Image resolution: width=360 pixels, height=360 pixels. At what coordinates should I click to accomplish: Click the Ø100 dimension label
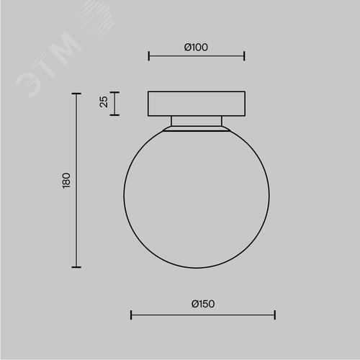[x=196, y=48]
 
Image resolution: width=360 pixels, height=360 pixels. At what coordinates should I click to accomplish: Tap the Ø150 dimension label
[x=203, y=304]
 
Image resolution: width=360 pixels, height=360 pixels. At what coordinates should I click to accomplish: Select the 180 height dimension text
[x=66, y=181]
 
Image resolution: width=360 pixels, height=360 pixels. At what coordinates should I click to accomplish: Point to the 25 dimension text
[x=104, y=102]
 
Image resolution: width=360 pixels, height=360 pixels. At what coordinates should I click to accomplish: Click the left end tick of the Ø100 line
[x=149, y=56]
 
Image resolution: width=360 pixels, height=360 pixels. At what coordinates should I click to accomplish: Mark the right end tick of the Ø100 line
[x=244, y=56]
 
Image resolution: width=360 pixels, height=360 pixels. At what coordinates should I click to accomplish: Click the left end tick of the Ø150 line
[x=131, y=315]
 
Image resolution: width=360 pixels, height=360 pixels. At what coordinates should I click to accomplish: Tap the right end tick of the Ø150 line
[x=275, y=315]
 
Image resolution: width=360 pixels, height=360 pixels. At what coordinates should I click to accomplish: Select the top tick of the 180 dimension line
[x=76, y=94]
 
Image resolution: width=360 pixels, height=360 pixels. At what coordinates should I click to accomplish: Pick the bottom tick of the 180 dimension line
[x=76, y=267]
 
